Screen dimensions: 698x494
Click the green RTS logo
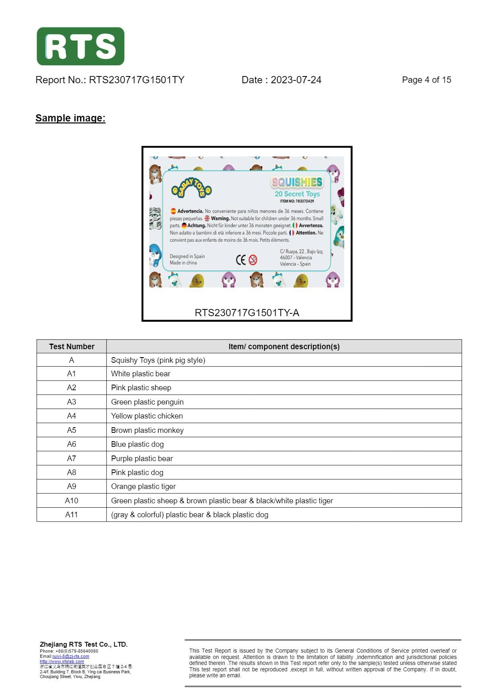click(x=80, y=46)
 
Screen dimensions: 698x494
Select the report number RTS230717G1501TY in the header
click(x=137, y=80)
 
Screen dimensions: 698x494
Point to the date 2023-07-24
click(x=296, y=80)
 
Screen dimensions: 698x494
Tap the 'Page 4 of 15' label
click(x=426, y=80)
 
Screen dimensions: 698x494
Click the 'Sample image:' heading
click(x=71, y=118)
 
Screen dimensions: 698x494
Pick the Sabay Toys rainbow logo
click(x=192, y=188)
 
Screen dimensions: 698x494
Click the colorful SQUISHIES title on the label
click(x=297, y=182)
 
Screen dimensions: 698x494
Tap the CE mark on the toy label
click(x=241, y=260)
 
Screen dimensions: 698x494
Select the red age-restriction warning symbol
click(x=253, y=260)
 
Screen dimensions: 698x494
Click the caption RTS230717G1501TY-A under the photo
click(x=247, y=313)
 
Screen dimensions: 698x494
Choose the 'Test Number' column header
click(x=72, y=346)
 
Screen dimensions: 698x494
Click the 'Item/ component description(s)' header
click(x=284, y=346)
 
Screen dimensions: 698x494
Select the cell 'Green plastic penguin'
click(x=147, y=402)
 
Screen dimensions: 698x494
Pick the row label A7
click(x=71, y=459)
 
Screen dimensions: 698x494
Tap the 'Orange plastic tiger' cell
click(x=143, y=487)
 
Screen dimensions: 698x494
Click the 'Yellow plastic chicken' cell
click(x=147, y=416)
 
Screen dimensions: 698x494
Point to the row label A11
click(x=71, y=515)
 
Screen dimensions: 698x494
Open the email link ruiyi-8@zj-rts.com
click(x=71, y=656)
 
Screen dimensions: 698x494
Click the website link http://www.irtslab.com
click(x=62, y=661)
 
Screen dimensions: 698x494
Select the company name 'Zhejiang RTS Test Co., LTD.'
click(x=84, y=644)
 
